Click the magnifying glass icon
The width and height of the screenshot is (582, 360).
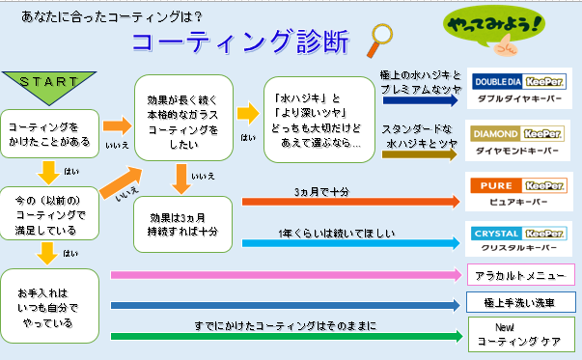tap(379, 41)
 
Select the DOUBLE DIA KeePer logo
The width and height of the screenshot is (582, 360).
tap(519, 82)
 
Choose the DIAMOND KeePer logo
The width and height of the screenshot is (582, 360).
tap(517, 133)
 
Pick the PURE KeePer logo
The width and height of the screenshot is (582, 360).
tap(518, 185)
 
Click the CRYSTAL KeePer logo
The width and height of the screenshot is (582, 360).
tap(518, 234)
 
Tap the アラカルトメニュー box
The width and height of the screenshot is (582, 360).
tap(521, 275)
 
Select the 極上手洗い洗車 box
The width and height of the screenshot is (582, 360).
tap(520, 302)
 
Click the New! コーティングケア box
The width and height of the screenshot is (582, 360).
tap(521, 334)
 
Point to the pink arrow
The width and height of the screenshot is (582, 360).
tap(287, 275)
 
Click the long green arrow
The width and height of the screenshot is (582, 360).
tap(287, 336)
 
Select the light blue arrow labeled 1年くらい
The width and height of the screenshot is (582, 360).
tap(350, 243)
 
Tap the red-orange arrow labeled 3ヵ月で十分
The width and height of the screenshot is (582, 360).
tap(350, 202)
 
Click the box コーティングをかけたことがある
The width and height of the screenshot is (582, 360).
tap(50, 133)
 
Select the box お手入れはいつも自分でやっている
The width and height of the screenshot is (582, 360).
tap(50, 306)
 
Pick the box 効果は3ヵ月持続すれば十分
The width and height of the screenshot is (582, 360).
tap(182, 225)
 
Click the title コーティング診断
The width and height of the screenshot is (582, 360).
tap(240, 42)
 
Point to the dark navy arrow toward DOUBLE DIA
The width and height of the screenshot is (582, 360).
tap(420, 99)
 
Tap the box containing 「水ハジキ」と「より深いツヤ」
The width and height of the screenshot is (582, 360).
tap(319, 120)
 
